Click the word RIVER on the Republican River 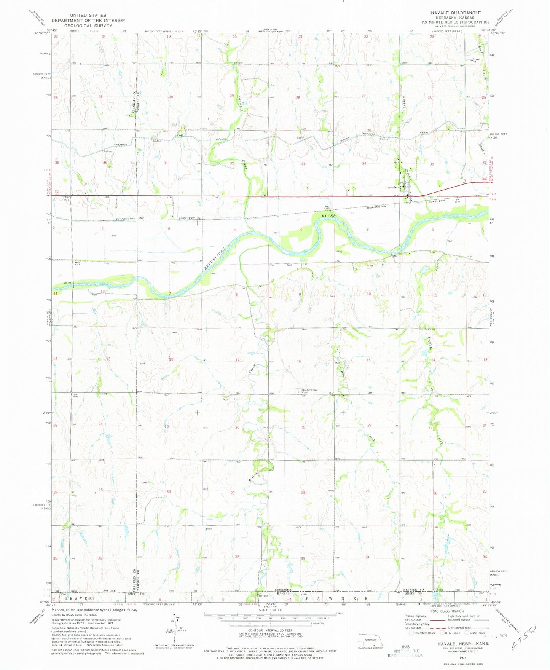(x=329, y=216)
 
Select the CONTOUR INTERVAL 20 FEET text (x=271, y=630)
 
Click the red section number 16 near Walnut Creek (x=299, y=361)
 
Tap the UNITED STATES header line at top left (x=88, y=15)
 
